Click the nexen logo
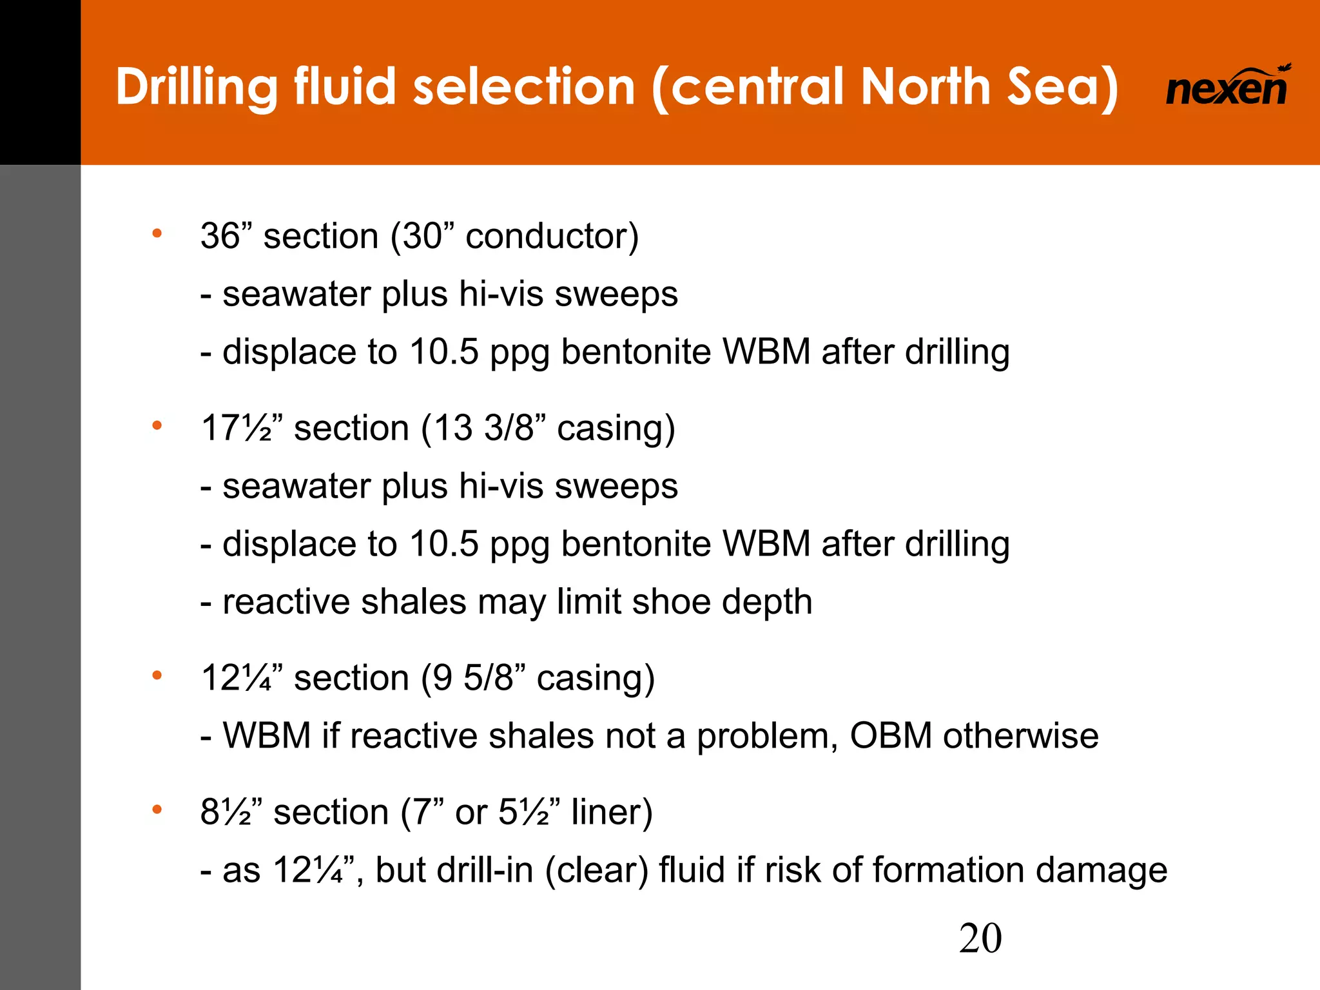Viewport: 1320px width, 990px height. click(x=1227, y=87)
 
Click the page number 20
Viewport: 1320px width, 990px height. click(x=980, y=938)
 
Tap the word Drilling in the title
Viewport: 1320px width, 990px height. click(x=197, y=88)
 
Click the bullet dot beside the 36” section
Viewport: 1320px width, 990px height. click(x=157, y=233)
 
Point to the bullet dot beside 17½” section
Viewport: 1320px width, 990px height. click(x=157, y=425)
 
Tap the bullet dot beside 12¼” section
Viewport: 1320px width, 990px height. click(x=157, y=675)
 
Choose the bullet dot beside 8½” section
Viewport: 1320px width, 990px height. click(x=157, y=810)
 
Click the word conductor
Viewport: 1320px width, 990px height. click(x=547, y=236)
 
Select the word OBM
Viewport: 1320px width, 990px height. click(x=891, y=736)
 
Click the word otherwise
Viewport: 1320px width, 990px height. click(x=1021, y=736)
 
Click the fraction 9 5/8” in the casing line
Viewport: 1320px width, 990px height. click(x=488, y=678)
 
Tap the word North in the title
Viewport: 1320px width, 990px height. click(x=926, y=86)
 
